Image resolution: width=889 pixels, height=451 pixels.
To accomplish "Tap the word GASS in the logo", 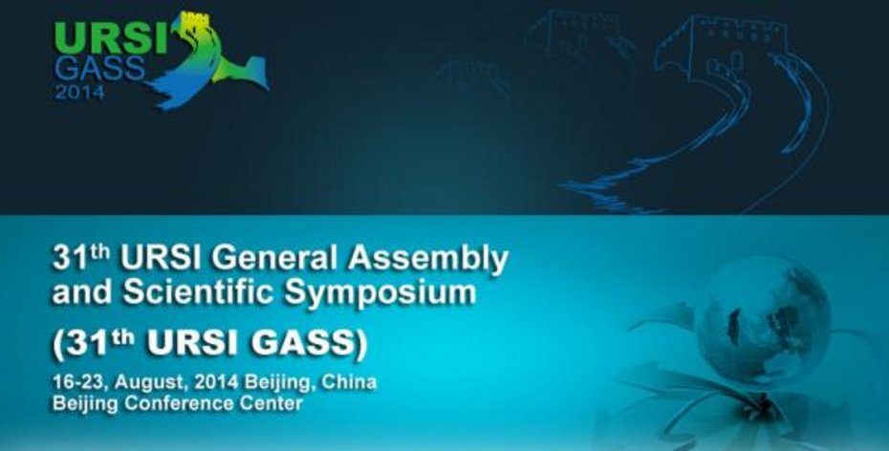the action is pos(100,69).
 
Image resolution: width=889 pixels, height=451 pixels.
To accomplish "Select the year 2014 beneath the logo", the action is pos(79,92).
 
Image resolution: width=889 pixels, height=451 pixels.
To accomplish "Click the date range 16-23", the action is pos(76,382).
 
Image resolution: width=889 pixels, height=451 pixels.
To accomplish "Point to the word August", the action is pos(150,383).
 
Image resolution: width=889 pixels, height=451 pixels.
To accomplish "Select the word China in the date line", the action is pos(349,382).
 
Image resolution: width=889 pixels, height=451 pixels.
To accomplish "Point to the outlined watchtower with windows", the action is pos(721,50).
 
